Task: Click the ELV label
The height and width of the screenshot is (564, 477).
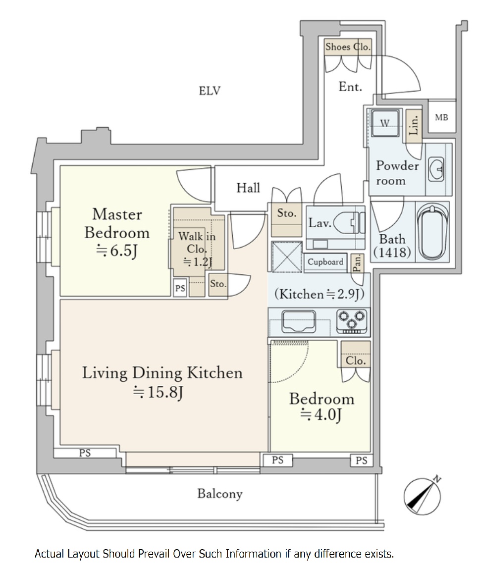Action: (210, 91)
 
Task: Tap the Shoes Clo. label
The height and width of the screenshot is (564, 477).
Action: (348, 47)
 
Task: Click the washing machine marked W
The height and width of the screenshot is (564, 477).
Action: (385, 123)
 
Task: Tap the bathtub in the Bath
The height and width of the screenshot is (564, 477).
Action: (433, 232)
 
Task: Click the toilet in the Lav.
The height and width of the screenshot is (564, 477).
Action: (349, 223)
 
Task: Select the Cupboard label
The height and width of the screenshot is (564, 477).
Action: (325, 261)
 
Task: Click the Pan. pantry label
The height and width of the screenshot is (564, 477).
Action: (357, 263)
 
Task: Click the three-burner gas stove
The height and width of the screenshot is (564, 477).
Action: (352, 321)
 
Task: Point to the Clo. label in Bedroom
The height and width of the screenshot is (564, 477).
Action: (356, 360)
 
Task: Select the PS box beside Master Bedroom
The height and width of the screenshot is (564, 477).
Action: (180, 288)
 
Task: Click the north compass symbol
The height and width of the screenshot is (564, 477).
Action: (423, 496)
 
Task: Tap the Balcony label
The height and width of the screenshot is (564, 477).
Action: (220, 494)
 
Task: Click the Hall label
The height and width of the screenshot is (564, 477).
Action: (248, 188)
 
